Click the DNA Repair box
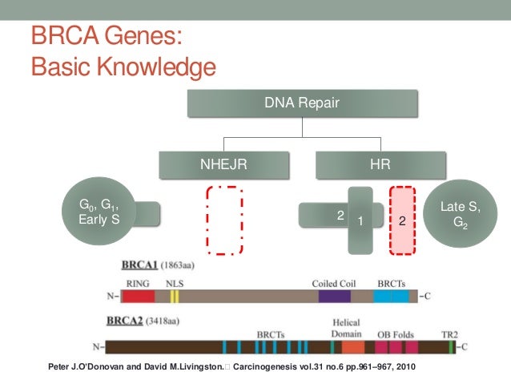click(302, 103)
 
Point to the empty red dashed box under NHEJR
click(223, 220)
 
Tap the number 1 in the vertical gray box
click(360, 220)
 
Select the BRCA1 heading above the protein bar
click(121, 265)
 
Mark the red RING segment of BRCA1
click(138, 296)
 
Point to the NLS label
click(175, 283)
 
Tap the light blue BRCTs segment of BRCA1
click(391, 296)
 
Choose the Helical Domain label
click(347, 328)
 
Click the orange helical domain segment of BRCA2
click(352, 347)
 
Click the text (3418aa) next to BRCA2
click(167, 321)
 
